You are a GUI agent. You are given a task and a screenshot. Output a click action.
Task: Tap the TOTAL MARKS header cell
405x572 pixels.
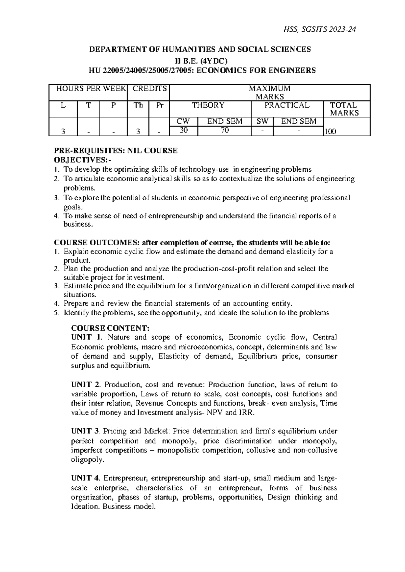[x=344, y=109]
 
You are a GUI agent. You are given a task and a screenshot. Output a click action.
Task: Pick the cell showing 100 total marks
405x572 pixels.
[x=330, y=132]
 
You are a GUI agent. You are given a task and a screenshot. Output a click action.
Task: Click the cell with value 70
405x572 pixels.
[x=224, y=131]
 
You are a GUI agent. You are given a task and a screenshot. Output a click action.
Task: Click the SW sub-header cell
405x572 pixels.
[x=262, y=121]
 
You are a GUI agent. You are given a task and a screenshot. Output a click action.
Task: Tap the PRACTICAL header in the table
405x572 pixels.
[x=287, y=105]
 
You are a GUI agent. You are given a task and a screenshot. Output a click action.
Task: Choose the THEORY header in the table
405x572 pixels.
[x=208, y=105]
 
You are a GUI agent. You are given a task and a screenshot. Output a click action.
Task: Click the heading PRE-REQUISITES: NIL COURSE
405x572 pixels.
[x=116, y=151]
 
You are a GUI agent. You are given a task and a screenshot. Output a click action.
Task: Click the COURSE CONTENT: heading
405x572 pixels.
[x=110, y=328]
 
